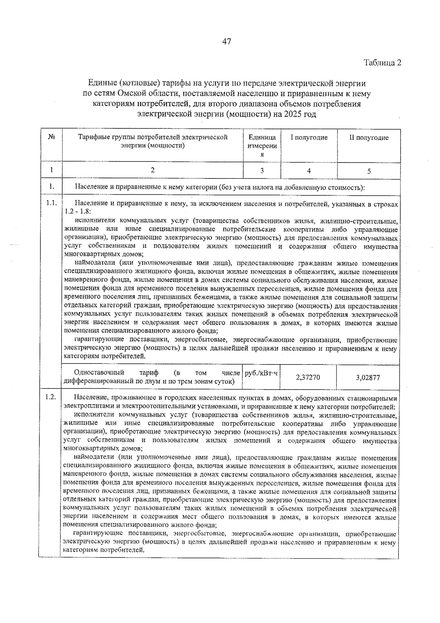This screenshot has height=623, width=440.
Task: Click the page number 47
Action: (226, 41)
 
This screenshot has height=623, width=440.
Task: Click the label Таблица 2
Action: (382, 62)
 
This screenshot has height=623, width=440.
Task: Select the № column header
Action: (51, 137)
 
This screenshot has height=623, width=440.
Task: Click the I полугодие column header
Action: (309, 138)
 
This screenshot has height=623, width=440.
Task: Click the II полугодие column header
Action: (368, 138)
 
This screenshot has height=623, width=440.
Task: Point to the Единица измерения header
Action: (262, 145)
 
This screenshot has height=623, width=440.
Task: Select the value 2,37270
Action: (308, 377)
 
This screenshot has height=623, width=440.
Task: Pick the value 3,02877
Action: (368, 377)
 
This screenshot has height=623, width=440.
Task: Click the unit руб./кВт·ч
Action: (261, 373)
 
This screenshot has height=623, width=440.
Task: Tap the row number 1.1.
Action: (51, 203)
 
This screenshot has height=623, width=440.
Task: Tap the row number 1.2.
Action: (51, 397)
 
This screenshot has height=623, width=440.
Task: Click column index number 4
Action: (309, 171)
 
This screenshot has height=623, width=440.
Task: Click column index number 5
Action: (369, 171)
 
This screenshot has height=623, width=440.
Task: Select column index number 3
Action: (262, 171)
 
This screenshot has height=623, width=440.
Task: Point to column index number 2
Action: (153, 170)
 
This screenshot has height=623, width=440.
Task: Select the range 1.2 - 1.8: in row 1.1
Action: (78, 212)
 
